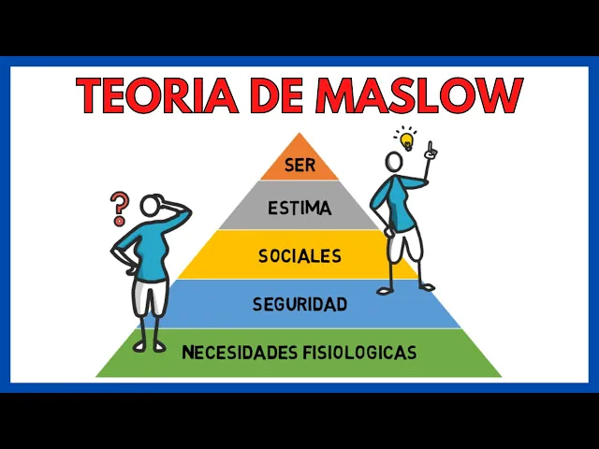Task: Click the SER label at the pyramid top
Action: [x=299, y=167]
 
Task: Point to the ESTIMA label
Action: [x=299, y=209]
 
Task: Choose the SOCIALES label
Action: [x=299, y=255]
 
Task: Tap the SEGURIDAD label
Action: [x=299, y=304]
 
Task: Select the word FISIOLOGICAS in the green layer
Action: [x=359, y=353]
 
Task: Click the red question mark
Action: [x=118, y=208]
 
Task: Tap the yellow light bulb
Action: [x=406, y=140]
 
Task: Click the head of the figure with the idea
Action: [x=394, y=162]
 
